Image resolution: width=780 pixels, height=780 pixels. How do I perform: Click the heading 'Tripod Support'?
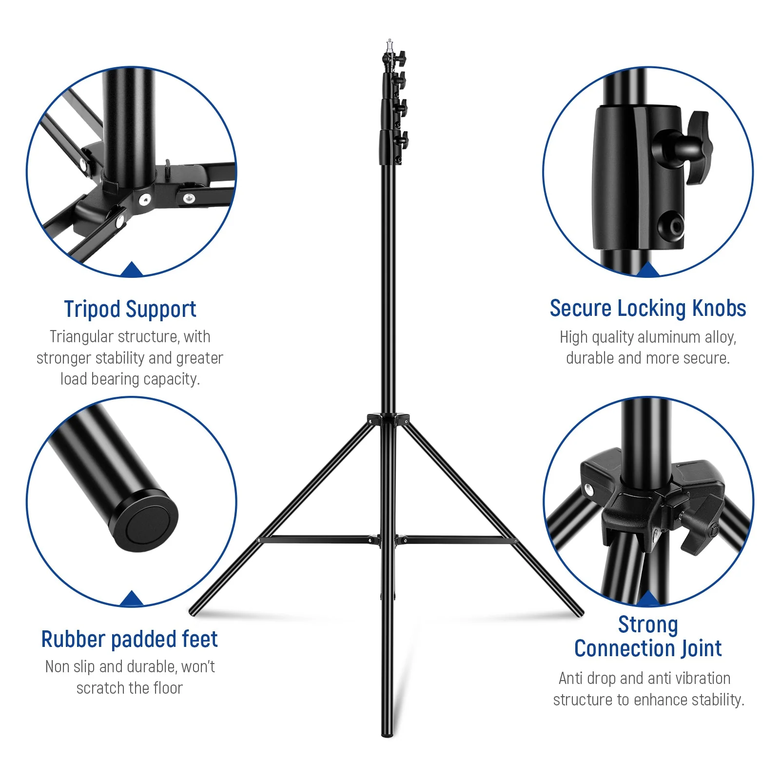pyautogui.click(x=130, y=309)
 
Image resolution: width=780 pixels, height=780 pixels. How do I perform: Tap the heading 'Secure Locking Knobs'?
pyautogui.click(x=647, y=309)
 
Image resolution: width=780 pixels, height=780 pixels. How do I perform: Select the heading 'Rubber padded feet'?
pyautogui.click(x=130, y=639)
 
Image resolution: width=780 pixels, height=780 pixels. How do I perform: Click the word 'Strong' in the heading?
pyautogui.click(x=648, y=624)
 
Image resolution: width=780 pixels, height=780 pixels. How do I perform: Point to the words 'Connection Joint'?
pyautogui.click(x=648, y=648)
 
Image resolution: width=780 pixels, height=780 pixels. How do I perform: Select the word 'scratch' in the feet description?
pyautogui.click(x=99, y=688)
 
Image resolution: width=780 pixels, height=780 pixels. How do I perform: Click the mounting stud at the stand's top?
pyautogui.click(x=389, y=45)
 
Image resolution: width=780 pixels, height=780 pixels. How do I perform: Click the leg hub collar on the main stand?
pyautogui.click(x=388, y=419)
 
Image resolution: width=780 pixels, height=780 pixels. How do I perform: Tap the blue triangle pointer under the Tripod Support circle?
pyautogui.click(x=131, y=270)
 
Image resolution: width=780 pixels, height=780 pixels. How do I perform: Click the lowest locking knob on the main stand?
pyautogui.click(x=403, y=140)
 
